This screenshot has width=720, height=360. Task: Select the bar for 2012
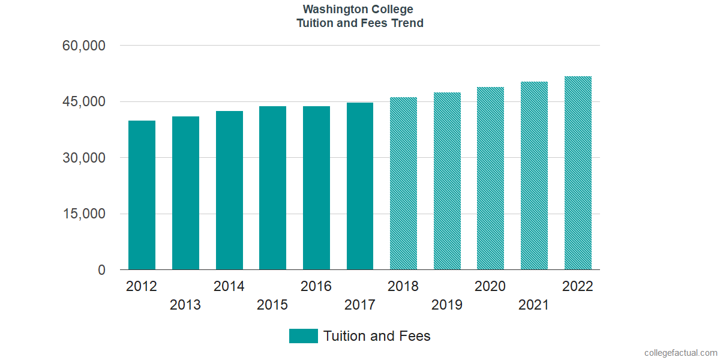coord(142,195)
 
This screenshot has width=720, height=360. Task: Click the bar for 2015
coord(272,188)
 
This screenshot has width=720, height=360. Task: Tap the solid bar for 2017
coord(360,186)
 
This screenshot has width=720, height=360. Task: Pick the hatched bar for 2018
coord(403,183)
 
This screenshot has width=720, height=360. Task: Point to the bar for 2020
coord(490,178)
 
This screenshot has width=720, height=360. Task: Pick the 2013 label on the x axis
coord(185,305)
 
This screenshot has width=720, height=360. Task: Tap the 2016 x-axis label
coord(316,286)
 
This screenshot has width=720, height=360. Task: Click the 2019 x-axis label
coord(447,305)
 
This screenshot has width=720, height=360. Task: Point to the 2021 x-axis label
coord(534,305)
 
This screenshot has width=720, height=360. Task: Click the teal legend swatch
coord(303,336)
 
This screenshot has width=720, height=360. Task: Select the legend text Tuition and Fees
coord(377,336)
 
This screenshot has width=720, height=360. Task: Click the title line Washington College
coord(358,10)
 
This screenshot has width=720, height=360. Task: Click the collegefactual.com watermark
coord(680,353)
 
